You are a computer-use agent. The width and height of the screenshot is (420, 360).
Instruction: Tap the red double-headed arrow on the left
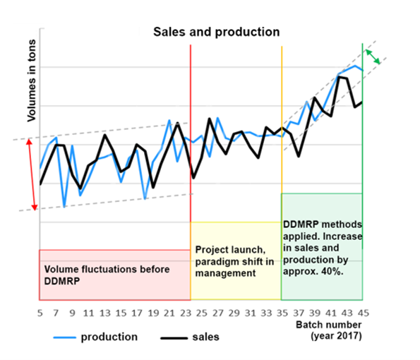click(30, 174)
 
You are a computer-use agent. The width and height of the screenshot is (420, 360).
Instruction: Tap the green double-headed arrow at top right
click(373, 56)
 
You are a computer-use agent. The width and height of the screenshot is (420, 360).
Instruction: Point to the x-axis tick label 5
click(40, 313)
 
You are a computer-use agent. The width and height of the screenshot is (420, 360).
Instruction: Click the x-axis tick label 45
click(362, 313)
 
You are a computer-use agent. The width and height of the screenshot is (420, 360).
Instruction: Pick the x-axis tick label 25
click(201, 313)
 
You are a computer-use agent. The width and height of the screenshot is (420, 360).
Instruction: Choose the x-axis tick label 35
click(282, 313)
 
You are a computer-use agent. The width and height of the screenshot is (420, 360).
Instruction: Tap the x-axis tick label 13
click(104, 313)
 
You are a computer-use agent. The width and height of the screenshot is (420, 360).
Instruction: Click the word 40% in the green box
click(331, 272)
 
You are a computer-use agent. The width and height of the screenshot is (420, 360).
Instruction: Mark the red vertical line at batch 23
click(191, 106)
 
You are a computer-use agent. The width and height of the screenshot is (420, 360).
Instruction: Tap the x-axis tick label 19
click(152, 313)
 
